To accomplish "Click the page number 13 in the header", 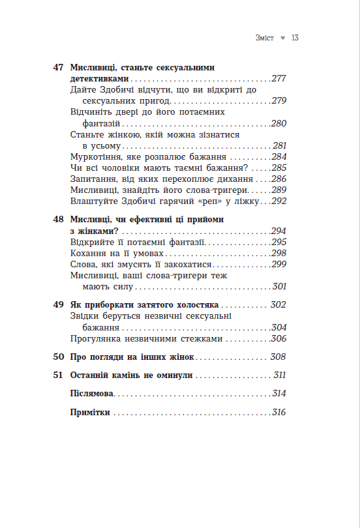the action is pos(295,38).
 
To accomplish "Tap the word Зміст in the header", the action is pos(265,38).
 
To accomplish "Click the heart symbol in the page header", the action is pos(282,38).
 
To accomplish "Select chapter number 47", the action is pos(58,67).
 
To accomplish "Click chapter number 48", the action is pos(58,220).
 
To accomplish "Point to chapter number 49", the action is pos(58,304).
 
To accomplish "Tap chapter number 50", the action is pos(58,357).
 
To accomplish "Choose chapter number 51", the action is pos(58,375).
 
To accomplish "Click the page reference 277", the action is pos(278,79).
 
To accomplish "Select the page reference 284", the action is pos(278,157).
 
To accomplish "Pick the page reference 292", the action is pos(278,202).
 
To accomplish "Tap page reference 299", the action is pos(278,264).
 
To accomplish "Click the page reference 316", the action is pos(278,413).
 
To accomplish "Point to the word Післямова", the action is pos(91,394).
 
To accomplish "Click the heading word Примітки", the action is pos(90,413).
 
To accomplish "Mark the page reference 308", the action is pos(278,357).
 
